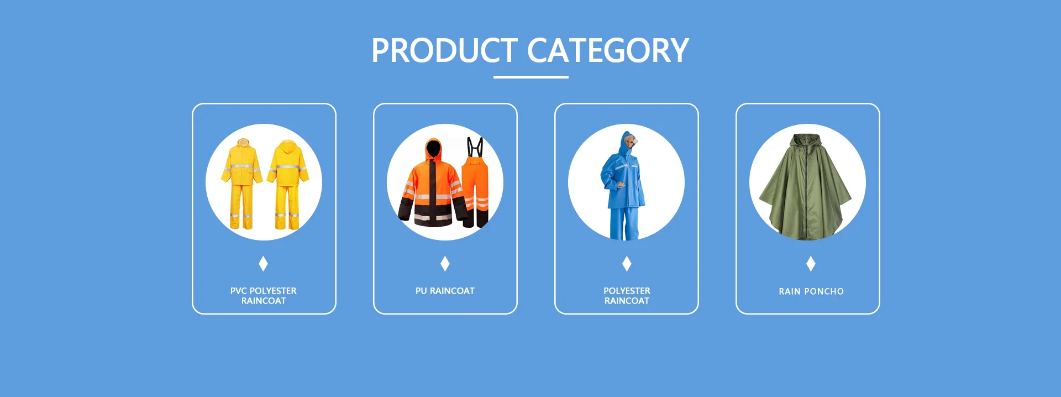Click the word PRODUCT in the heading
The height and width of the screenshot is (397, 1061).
445,50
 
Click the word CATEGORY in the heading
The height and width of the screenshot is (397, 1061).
608,50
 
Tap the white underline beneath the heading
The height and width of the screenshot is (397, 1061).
530,77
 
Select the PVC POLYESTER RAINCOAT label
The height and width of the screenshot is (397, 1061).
264,296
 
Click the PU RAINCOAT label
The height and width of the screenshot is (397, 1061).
445,291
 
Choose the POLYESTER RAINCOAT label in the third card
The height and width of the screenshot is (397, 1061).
627,296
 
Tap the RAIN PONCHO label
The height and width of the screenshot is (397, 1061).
811,291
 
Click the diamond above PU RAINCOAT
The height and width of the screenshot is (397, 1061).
445,264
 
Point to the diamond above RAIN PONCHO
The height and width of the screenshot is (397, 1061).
811,264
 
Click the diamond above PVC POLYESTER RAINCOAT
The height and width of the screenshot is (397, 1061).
264,264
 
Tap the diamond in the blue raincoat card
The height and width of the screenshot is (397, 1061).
627,264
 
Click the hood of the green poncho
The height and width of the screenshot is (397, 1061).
807,142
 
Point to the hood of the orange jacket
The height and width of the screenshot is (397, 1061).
433,148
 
